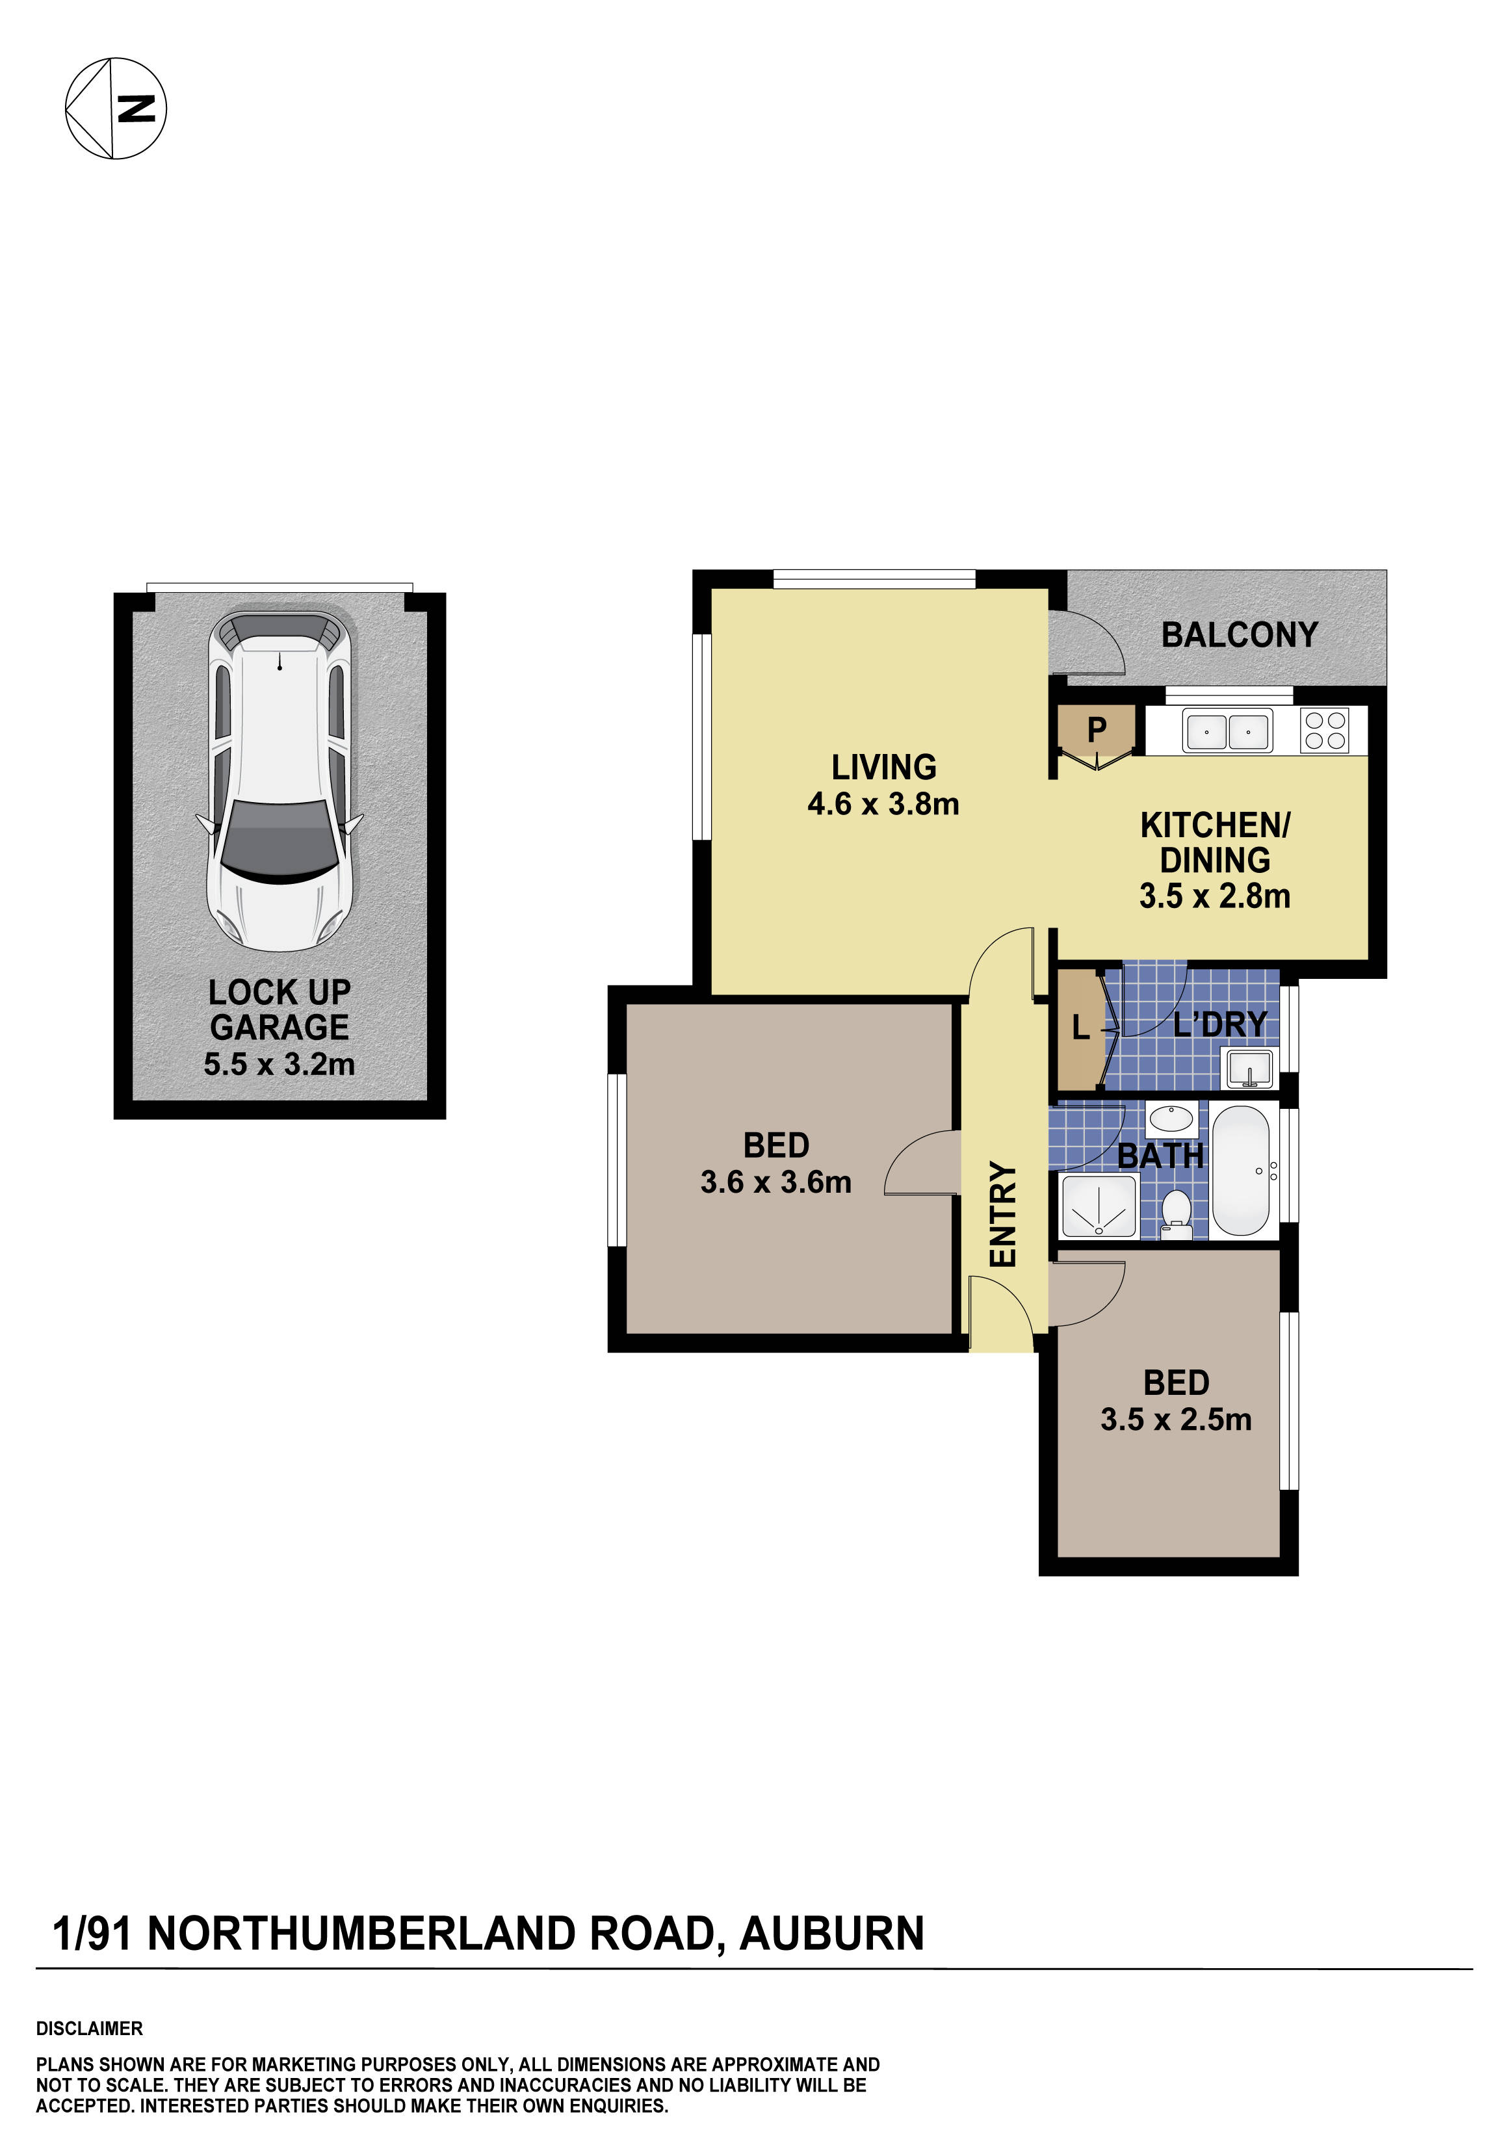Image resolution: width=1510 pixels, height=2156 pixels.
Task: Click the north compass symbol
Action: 116,108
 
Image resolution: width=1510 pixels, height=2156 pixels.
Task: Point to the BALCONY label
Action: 1240,636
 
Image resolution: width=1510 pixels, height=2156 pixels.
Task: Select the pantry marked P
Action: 1096,730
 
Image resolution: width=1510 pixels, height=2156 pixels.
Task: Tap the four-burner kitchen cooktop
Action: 1325,731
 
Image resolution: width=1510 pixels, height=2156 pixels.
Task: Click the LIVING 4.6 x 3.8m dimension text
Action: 883,804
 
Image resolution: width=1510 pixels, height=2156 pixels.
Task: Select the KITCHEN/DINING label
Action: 1215,842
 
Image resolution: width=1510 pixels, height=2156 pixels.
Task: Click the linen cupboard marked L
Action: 1081,1029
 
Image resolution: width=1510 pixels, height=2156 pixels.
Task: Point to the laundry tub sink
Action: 1249,1069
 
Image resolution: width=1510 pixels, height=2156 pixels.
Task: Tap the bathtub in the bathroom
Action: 1240,1171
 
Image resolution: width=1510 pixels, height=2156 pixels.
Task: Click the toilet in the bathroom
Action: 1176,1212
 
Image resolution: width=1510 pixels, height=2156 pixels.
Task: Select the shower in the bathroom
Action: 1099,1206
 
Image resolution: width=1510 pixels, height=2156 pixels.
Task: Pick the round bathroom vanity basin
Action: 1171,1119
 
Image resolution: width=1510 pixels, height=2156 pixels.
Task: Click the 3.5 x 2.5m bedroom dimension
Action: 1176,1419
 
